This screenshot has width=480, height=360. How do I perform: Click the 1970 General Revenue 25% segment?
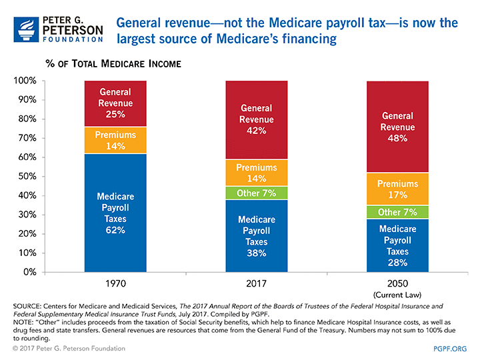(x=116, y=103)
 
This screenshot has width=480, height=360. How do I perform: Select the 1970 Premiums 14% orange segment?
(x=116, y=140)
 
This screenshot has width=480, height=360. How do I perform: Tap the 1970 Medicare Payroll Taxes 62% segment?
(x=116, y=213)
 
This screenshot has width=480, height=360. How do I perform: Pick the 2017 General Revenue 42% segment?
(x=256, y=120)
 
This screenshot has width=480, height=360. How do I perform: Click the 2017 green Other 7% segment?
(x=256, y=193)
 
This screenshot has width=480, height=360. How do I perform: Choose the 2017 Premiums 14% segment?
(x=256, y=173)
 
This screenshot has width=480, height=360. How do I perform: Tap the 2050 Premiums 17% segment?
(x=397, y=189)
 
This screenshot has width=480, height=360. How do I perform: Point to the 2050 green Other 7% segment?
(x=397, y=212)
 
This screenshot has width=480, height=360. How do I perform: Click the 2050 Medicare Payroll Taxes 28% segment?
(x=397, y=245)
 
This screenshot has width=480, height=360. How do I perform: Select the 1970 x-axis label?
(x=116, y=283)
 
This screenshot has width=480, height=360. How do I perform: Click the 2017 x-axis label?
(x=256, y=283)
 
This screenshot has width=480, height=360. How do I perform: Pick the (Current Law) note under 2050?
(x=397, y=293)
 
